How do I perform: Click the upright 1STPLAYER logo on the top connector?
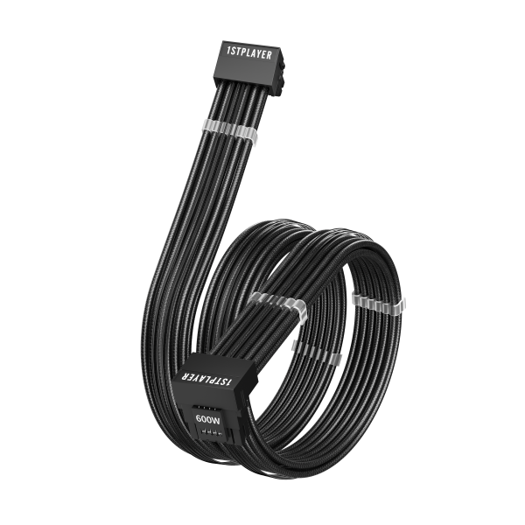[249, 53]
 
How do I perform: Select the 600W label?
[208, 419]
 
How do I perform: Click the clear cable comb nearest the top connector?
[230, 129]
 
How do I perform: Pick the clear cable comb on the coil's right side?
[379, 303]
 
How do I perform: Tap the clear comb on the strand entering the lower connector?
[278, 303]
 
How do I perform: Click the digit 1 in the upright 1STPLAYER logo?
[228, 51]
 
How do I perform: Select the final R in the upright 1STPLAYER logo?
[269, 56]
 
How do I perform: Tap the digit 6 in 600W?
[199, 418]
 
